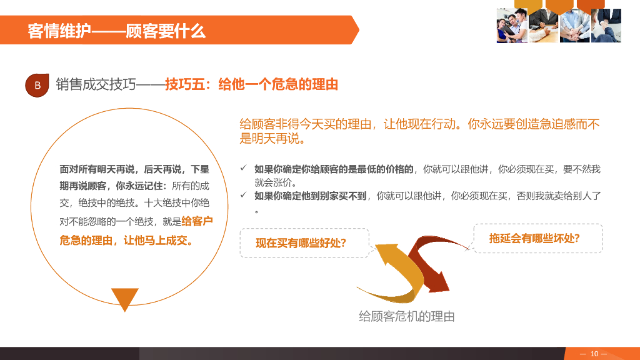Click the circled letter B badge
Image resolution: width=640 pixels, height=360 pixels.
[x=37, y=85]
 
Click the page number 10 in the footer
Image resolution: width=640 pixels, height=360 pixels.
[x=594, y=354]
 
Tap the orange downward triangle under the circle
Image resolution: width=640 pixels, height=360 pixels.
[x=124, y=299]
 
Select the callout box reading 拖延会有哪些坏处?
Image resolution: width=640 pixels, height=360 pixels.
[x=537, y=238]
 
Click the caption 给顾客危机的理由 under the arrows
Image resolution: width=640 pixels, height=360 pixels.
[x=406, y=317]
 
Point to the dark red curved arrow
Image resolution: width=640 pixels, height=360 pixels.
[x=431, y=262]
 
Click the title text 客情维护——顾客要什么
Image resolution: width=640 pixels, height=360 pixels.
[x=117, y=31]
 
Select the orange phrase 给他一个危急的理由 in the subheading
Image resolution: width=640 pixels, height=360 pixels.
[x=278, y=84]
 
